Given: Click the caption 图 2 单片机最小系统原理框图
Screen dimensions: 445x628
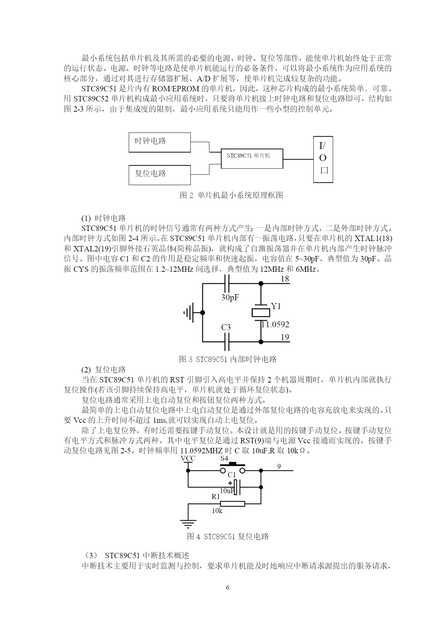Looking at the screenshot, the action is click(231, 195).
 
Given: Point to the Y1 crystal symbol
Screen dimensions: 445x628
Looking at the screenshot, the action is click(261, 313).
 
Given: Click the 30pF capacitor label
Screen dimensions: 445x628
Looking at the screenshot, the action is click(230, 298).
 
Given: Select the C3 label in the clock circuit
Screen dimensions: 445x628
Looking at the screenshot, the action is click(226, 327).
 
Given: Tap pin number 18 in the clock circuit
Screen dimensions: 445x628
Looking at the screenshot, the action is click(285, 279).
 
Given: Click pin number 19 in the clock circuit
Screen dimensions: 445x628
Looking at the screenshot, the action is click(285, 337).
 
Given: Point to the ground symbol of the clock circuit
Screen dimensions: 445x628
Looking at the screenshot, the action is click(189, 313).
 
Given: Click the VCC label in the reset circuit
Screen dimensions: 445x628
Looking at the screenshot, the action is click(188, 459).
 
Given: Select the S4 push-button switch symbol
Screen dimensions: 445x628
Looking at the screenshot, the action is click(233, 468).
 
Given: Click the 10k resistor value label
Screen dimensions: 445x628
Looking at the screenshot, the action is click(217, 511).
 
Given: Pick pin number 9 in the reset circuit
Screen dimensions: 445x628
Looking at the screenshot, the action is click(279, 466).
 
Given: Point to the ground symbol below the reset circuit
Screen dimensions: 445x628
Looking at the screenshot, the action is click(188, 523).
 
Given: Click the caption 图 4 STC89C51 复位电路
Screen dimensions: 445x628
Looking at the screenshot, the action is click(228, 536).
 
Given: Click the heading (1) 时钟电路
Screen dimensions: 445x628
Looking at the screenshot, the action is click(104, 218).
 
